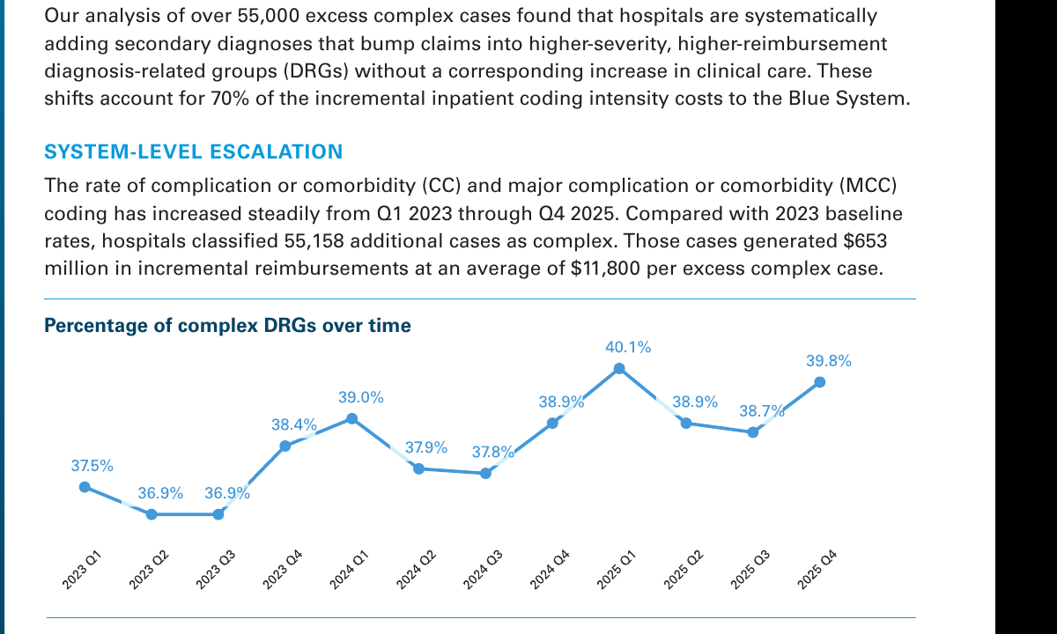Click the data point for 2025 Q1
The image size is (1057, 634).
(x=619, y=368)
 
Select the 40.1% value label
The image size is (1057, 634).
(x=628, y=347)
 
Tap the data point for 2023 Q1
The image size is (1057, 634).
(x=85, y=487)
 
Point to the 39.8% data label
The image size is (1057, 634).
(x=829, y=361)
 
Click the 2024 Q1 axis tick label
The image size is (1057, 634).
(x=349, y=570)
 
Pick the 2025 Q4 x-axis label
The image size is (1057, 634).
(x=817, y=570)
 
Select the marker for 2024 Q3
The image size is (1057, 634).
(x=485, y=473)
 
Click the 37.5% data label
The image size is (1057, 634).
(x=92, y=466)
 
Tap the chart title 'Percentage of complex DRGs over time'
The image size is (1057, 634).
(x=227, y=326)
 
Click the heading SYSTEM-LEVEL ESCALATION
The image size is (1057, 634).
(x=194, y=151)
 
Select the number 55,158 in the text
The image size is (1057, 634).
(x=314, y=241)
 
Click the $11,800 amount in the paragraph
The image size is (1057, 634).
(x=605, y=269)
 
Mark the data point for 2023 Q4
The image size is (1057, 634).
(x=285, y=446)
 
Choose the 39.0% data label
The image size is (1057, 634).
(x=361, y=397)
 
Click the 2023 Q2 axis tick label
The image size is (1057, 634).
(x=149, y=570)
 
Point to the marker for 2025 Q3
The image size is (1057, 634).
(x=753, y=432)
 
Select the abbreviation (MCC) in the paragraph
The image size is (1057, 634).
(x=868, y=186)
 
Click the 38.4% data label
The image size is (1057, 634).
(x=294, y=424)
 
